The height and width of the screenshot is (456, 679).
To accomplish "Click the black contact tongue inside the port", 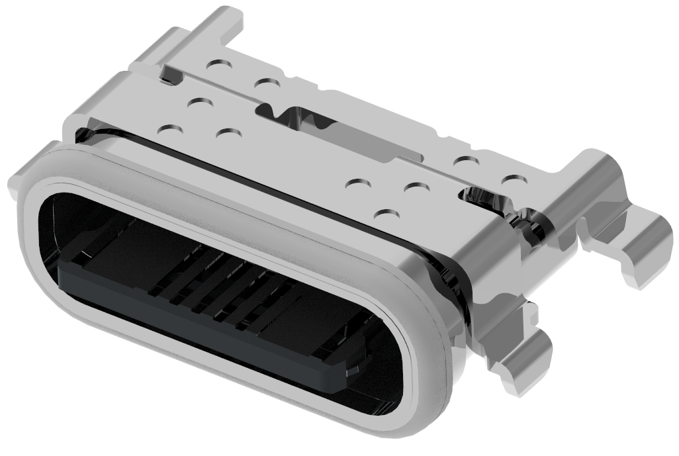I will (x=199, y=318).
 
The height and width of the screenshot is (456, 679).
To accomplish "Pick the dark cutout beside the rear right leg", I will (x=486, y=197).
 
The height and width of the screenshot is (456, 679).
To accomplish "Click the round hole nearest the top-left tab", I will (x=218, y=66).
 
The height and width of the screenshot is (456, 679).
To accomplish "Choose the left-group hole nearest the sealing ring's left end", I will (x=171, y=131).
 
